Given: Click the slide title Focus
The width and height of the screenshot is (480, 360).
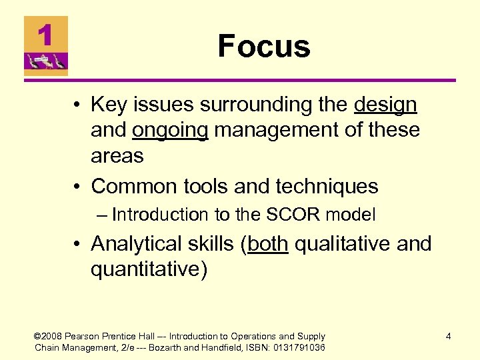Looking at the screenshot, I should [x=264, y=47].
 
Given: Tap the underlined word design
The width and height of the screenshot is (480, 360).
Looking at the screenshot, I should [x=385, y=105].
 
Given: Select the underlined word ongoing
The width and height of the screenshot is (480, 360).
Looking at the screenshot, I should [x=170, y=130].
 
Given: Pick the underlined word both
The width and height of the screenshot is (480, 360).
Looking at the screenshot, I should [x=267, y=244].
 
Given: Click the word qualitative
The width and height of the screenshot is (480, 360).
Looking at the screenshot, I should [x=343, y=244].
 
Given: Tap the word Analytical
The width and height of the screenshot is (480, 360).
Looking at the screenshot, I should [x=138, y=244].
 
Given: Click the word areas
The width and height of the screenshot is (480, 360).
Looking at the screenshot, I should [x=117, y=155].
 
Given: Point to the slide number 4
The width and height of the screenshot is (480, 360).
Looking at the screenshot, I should [x=448, y=337].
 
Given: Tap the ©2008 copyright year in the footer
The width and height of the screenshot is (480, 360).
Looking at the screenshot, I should [x=49, y=337].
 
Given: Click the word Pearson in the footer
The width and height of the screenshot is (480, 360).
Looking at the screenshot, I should [x=83, y=337].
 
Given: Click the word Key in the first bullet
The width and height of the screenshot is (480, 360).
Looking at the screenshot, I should [x=106, y=105].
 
